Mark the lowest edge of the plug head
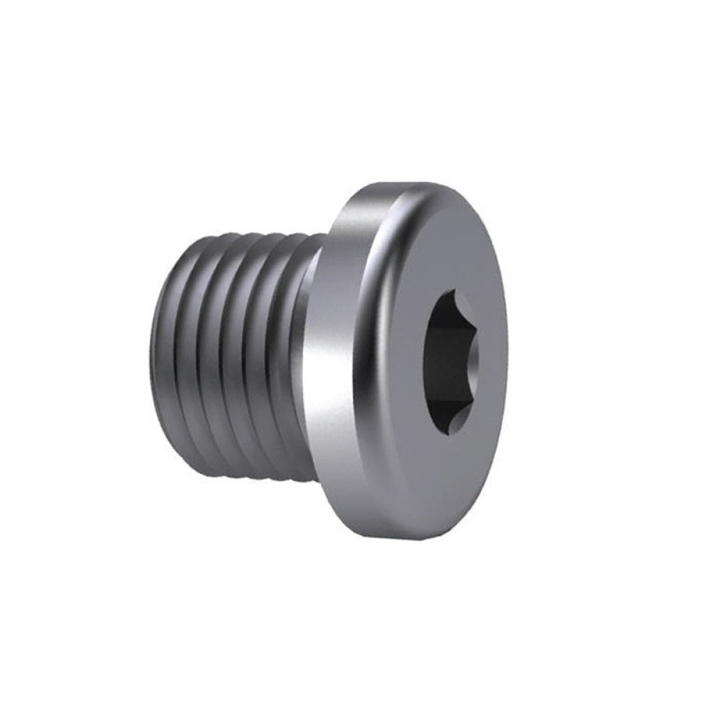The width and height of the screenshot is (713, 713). coord(421,545)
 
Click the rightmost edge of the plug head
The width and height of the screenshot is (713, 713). coord(508,364)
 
